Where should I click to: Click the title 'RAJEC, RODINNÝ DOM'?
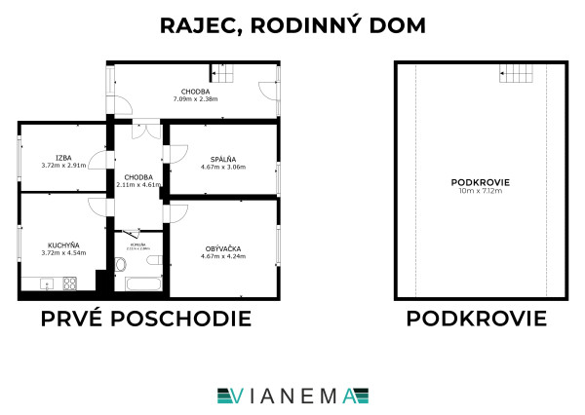pos(292,25)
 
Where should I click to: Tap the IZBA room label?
pos(63,157)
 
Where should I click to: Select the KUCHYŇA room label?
pos(63,245)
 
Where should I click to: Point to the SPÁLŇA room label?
pos(223,159)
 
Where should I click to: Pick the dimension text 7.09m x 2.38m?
pos(195,98)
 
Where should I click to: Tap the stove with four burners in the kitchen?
pos(70,283)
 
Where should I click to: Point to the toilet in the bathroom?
pos(122,265)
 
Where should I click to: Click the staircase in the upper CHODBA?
pos(226,73)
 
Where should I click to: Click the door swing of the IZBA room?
pos(97,161)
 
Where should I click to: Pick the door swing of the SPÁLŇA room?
pos(176,153)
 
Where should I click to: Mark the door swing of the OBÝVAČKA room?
pos(178,211)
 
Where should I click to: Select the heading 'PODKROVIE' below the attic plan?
pos(477,319)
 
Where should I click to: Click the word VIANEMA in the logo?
pos(292,395)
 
